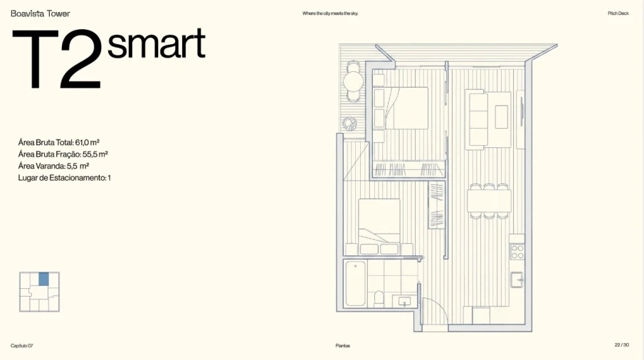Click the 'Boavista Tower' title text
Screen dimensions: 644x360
41,14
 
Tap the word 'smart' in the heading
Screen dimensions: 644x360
156,43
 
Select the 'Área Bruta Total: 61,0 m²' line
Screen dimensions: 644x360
59,142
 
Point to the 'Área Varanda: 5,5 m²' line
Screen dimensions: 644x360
53,166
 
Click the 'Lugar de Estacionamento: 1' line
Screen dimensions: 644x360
65,178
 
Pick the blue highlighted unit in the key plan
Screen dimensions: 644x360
44,279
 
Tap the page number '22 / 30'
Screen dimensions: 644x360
621,345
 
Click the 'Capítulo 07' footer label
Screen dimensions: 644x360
22,346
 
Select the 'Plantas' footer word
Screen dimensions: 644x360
342,346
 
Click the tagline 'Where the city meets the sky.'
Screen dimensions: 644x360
330,14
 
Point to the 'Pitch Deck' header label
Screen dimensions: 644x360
618,14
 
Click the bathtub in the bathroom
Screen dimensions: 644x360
356,284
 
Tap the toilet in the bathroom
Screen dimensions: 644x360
379,298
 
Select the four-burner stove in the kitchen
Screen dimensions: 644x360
517,252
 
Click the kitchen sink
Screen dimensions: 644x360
517,280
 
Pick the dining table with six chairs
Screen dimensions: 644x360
489,201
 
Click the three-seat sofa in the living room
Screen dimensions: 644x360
478,120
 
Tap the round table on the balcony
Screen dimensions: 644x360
353,81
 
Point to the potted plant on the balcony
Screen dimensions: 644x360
349,124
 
